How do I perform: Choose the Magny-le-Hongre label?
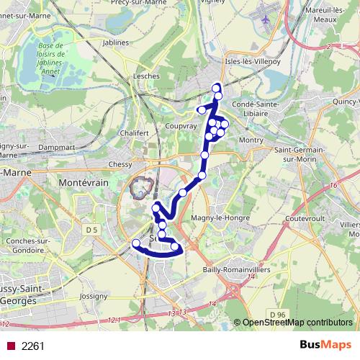point(222,217)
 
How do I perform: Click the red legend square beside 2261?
point(10,346)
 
